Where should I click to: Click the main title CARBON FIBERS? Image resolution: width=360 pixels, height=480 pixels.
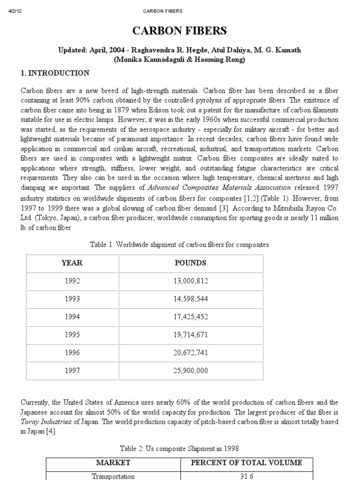(180, 31)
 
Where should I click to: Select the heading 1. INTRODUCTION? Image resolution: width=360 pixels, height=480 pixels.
(55, 73)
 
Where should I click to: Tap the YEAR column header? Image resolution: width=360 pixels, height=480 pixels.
(72, 263)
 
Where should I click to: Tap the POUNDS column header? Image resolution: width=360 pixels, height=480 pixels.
(190, 263)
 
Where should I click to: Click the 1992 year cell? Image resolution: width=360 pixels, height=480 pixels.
(72, 281)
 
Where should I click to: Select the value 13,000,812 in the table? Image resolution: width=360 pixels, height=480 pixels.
(190, 281)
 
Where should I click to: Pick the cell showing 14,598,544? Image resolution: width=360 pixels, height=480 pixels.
(190, 299)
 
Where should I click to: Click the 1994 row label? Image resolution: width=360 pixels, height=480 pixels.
(72, 316)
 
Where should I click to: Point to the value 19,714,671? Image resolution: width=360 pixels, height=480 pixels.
(190, 335)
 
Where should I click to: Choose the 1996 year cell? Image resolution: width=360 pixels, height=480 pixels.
(72, 352)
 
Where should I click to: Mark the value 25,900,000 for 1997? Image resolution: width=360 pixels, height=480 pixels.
(190, 370)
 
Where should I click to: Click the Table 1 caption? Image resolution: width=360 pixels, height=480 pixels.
(180, 245)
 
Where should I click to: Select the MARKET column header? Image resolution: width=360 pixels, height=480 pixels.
(113, 463)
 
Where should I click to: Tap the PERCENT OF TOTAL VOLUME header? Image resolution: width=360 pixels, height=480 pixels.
(247, 463)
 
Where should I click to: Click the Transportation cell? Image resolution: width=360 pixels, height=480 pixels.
(113, 476)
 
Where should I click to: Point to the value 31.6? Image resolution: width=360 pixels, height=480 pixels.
(247, 476)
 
